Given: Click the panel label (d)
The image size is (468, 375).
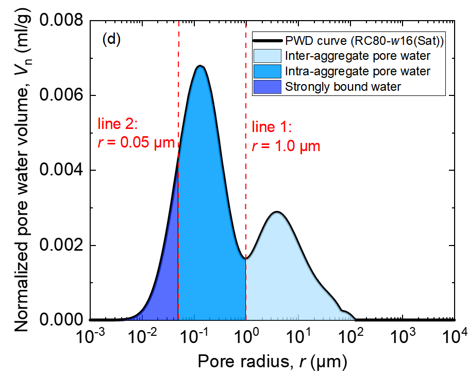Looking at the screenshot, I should tap(111, 39).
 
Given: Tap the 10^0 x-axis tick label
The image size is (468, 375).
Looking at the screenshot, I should tap(246, 338).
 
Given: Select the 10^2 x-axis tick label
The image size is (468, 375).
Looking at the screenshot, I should tap(351, 338).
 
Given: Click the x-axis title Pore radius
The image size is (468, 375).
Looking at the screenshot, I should tap(272, 360).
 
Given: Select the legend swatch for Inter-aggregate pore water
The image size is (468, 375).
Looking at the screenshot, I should tap(266, 56).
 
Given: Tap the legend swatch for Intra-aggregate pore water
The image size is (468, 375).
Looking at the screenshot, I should tap(266, 71).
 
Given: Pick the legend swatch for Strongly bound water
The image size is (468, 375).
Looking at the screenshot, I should tap(266, 86).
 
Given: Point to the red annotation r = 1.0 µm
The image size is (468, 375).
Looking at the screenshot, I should tap(286, 146).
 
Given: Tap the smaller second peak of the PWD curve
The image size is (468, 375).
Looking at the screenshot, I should tap(277, 211).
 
